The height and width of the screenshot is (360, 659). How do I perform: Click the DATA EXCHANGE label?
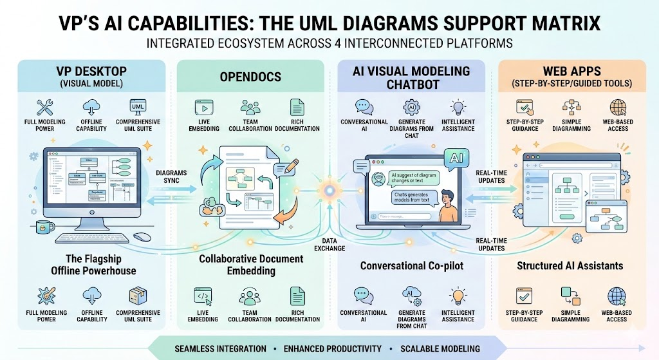(329, 244)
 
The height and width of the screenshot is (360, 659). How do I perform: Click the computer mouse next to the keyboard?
(143, 237)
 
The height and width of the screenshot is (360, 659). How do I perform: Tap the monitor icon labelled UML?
(138, 106)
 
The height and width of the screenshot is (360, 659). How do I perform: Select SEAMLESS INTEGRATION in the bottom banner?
(220, 348)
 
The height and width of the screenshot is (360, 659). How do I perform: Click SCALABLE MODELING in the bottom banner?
(440, 348)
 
